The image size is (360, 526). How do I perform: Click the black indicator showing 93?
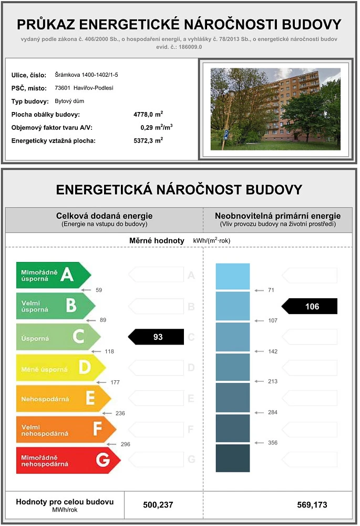[x=157, y=337]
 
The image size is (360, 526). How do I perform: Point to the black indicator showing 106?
[x=310, y=306]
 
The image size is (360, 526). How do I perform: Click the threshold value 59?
[x=99, y=290]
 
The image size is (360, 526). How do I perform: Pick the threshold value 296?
[x=125, y=444]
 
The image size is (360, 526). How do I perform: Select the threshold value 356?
[x=272, y=443]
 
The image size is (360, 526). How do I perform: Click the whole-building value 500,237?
[x=158, y=505]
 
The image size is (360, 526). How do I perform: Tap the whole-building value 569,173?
[x=312, y=505]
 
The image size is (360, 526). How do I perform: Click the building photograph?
[x=275, y=109]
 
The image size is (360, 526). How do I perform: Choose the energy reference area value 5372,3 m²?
[x=148, y=140]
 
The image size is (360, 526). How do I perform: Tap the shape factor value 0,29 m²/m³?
[x=157, y=127]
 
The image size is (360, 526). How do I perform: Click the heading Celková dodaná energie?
[x=104, y=216]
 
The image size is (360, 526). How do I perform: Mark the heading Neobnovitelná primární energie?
[x=277, y=216]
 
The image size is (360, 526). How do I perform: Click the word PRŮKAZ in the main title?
[x=49, y=25]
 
